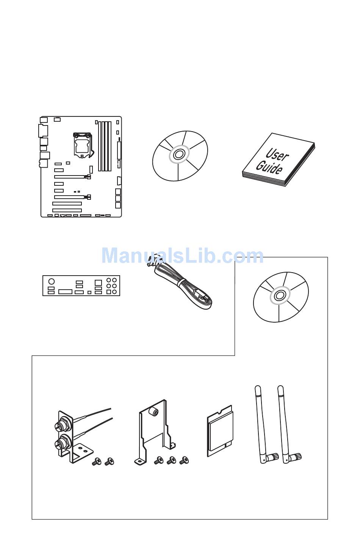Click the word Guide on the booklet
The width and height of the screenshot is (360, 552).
tap(269, 167)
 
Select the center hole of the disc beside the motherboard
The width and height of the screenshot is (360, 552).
tap(179, 155)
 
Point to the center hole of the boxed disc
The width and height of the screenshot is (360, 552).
tap(280, 295)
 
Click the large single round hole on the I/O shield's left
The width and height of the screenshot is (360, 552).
tap(52, 281)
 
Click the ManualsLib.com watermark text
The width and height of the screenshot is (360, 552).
tap(182, 256)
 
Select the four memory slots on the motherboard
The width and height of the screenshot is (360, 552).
tap(105, 146)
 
